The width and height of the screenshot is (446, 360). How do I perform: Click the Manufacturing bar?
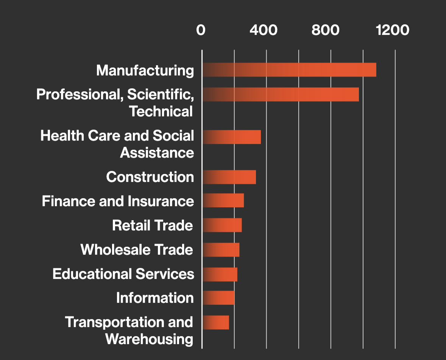pos(289,70)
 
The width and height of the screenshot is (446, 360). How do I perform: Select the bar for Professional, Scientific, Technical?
pos(281,94)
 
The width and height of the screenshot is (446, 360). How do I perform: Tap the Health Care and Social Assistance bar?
pos(232,137)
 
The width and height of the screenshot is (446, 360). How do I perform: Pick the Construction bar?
pos(229,177)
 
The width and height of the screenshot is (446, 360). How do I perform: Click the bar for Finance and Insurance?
pos(223,200)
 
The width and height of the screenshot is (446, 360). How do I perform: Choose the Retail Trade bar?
pos(222,225)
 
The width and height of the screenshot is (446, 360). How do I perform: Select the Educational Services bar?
pos(220,274)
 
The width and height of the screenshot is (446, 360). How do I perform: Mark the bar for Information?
pos(218,298)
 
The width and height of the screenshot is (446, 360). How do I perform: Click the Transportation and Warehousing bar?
pos(216,322)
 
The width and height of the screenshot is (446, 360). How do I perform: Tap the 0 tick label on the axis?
pos(201,30)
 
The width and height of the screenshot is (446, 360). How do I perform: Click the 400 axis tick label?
pos(263,30)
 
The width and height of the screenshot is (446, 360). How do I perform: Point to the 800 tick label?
pos(326,30)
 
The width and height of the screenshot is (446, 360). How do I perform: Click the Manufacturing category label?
pos(145,70)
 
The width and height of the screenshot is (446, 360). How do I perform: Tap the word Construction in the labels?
pos(150,177)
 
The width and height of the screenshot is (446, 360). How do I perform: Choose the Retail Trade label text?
pos(153,225)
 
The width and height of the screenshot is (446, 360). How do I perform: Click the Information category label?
pos(155,298)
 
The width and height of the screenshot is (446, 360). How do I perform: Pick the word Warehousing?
pos(149,339)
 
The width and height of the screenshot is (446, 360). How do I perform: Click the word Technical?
pos(161,111)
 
